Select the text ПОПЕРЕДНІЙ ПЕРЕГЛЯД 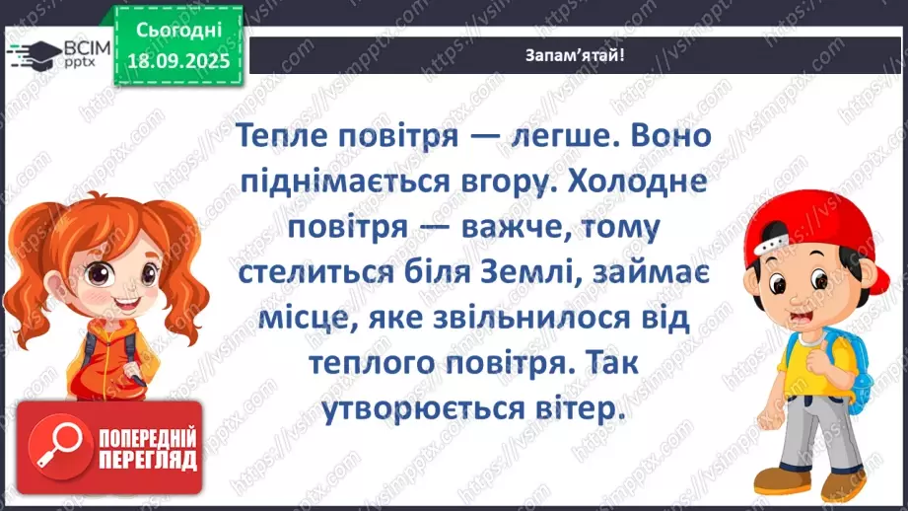pos(148,450)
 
